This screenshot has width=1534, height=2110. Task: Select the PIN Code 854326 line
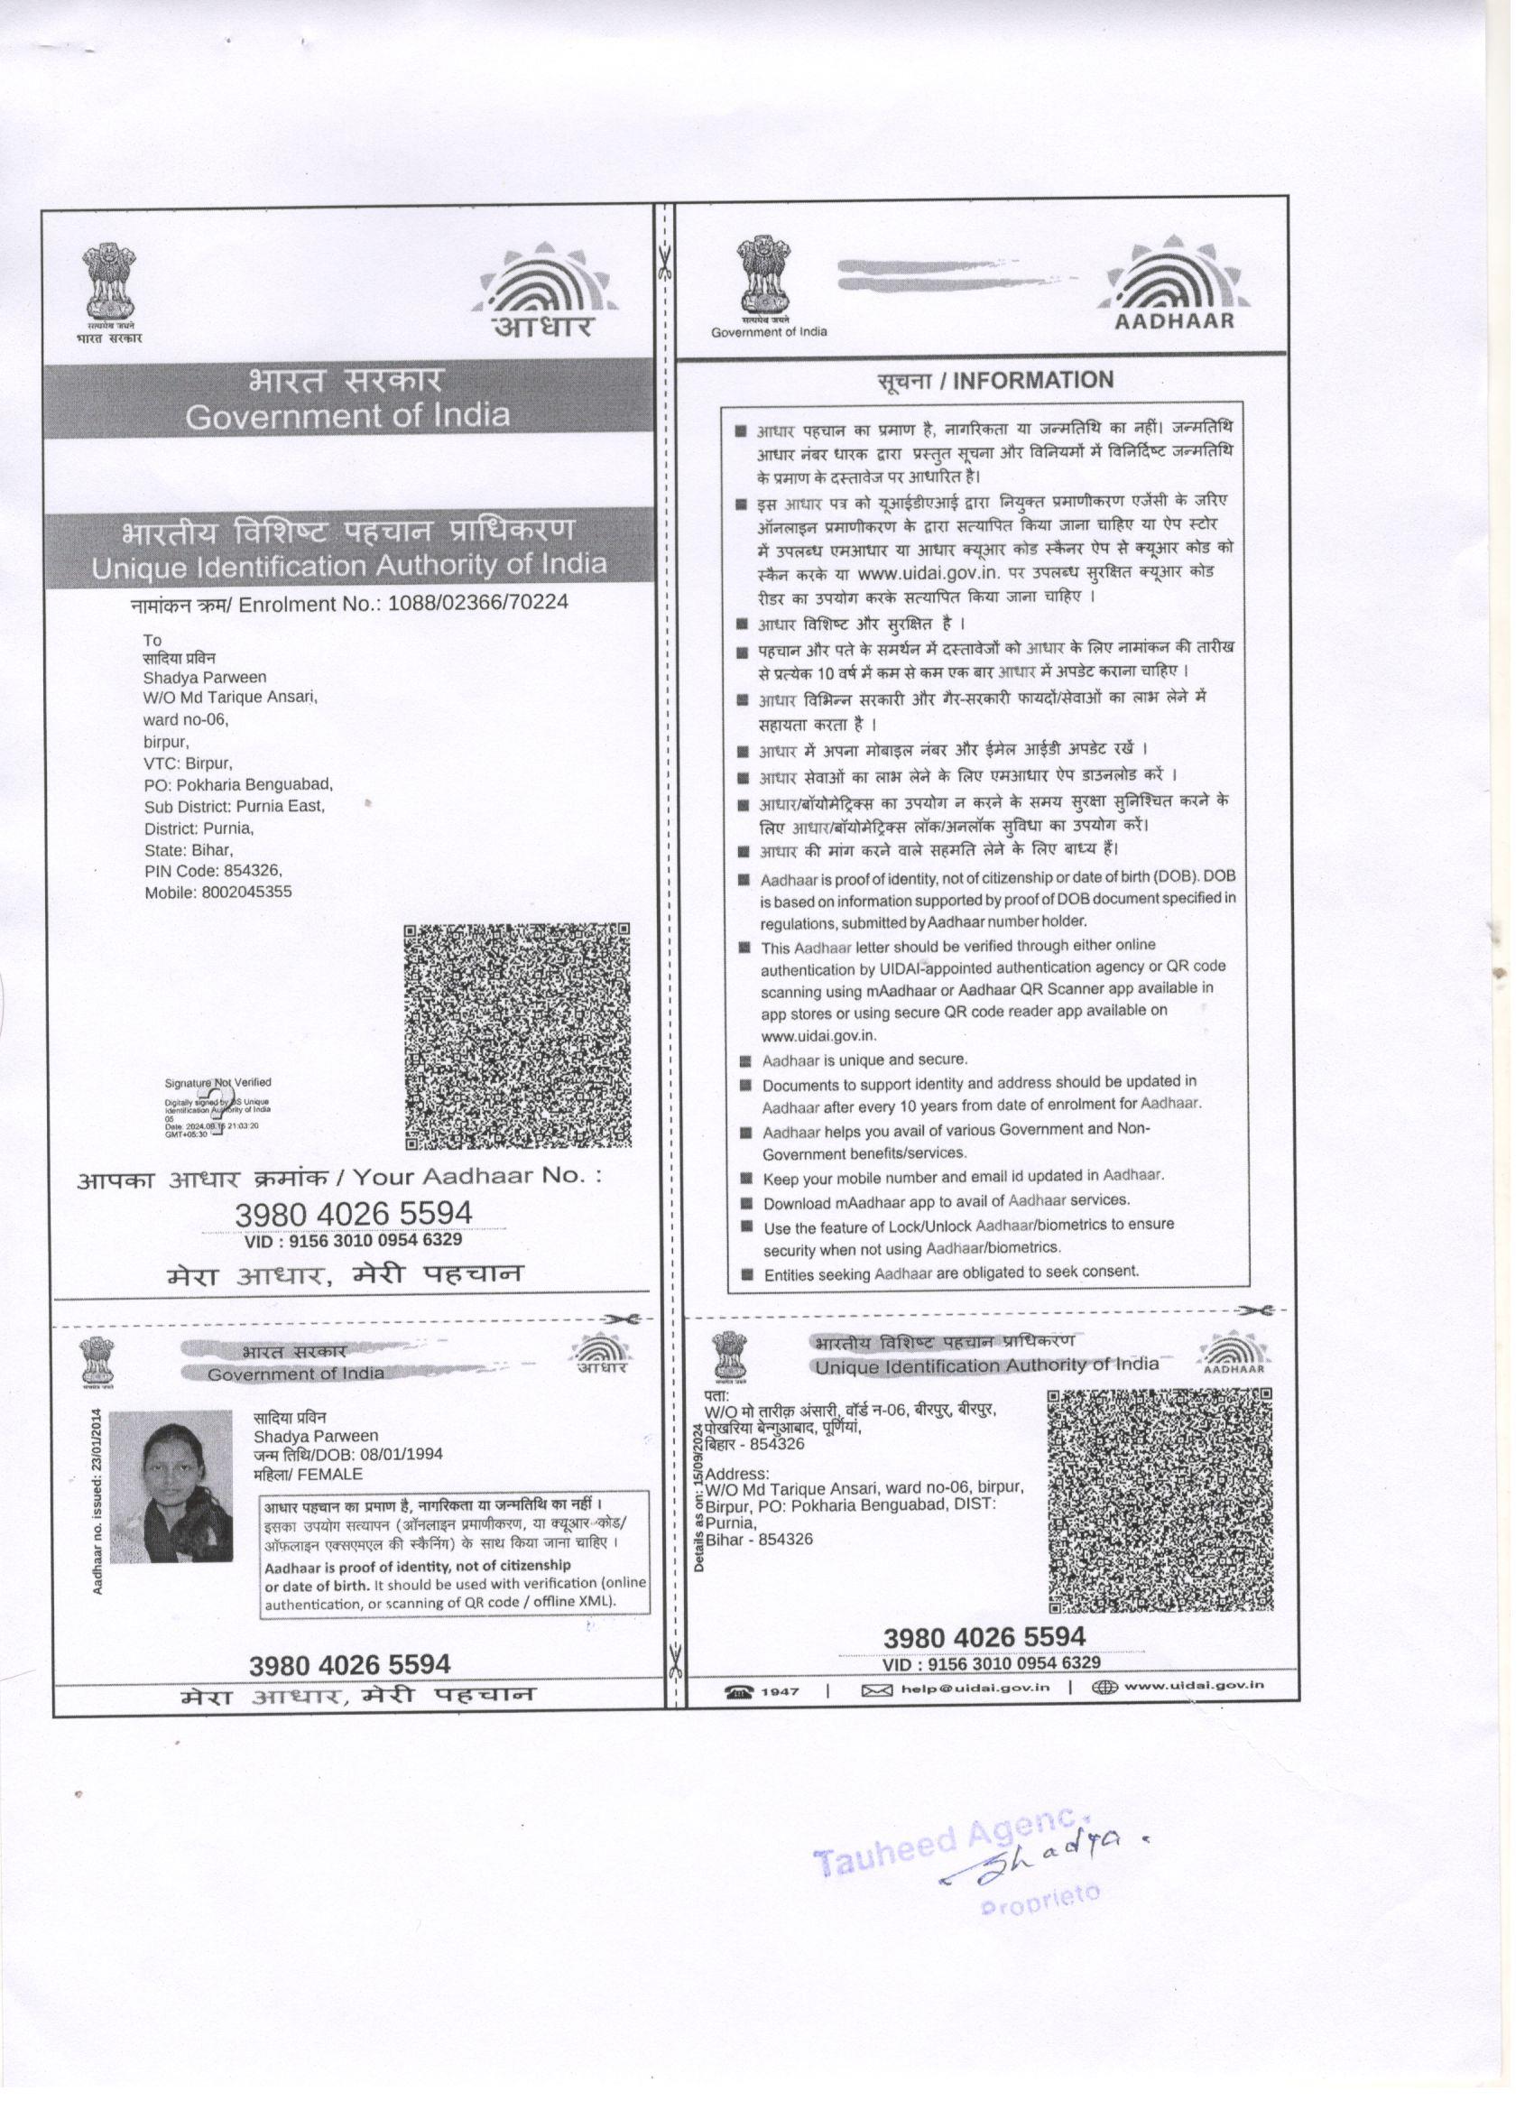pyautogui.click(x=213, y=871)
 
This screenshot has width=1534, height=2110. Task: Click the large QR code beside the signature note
pyautogui.click(x=518, y=1036)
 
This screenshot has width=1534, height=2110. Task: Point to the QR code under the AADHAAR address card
pyautogui.click(x=1160, y=1499)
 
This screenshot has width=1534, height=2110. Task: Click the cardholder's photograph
pyautogui.click(x=171, y=1486)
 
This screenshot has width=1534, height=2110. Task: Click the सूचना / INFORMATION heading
pyautogui.click(x=995, y=381)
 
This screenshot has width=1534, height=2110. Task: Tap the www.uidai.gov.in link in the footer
pyautogui.click(x=1194, y=1686)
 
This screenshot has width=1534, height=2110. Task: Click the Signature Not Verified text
pyautogui.click(x=217, y=1082)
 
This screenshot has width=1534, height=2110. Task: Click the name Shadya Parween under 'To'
pyautogui.click(x=205, y=677)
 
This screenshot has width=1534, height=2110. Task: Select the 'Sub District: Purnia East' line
pyautogui.click(x=235, y=807)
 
